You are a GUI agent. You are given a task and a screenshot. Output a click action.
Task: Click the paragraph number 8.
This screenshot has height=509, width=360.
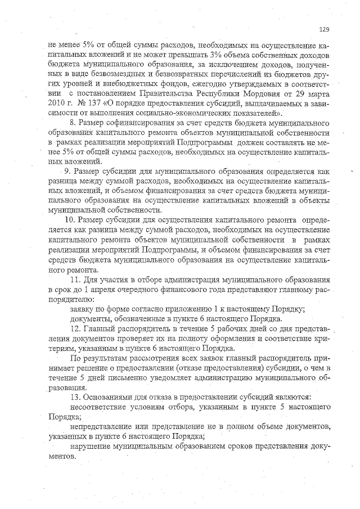click(72, 123)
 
